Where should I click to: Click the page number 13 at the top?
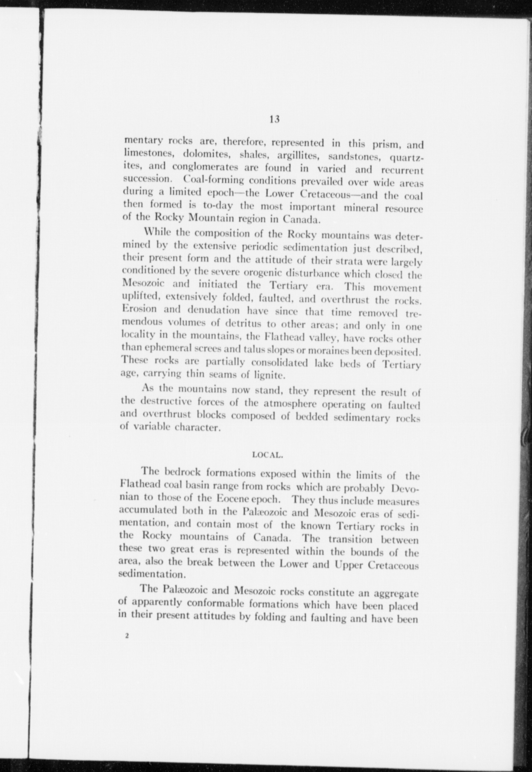[274, 119]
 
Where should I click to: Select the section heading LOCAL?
[268, 455]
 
